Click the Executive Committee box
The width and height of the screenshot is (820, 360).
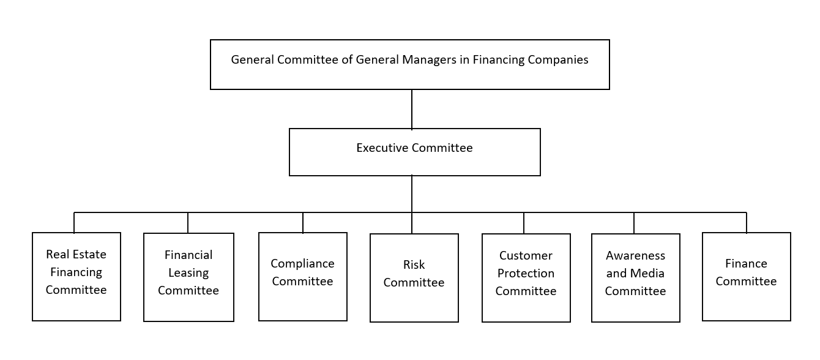point(414,152)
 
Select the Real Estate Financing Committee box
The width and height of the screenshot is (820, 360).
point(76,277)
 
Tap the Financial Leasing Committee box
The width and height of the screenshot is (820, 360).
point(188,277)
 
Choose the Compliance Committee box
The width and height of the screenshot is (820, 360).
point(303,277)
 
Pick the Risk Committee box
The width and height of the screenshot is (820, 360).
point(414,277)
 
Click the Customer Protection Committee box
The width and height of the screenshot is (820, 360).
point(526,277)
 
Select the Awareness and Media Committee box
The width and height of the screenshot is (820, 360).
point(635,277)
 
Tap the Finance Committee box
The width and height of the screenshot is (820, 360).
point(747,277)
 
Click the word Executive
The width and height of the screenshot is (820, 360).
point(382,148)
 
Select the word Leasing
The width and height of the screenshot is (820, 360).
point(188,273)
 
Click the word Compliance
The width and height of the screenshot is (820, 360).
point(302,264)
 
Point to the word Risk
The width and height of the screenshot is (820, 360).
point(414,264)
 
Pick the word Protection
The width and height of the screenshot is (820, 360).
point(526,273)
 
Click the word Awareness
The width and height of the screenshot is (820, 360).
point(635,255)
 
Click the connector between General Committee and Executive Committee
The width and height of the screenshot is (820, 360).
point(412,109)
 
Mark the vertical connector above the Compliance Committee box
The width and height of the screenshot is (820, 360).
point(303,223)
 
